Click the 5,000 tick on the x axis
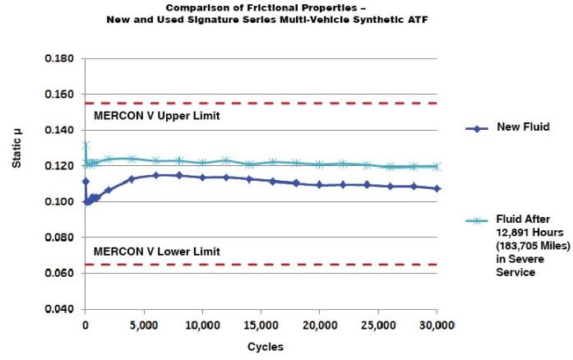pos(144,325)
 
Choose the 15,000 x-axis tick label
pos(261,325)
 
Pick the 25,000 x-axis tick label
pos(378,325)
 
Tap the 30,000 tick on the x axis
pos(436,325)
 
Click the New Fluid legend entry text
pos(524,128)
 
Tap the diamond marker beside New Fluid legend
pos(473,128)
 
